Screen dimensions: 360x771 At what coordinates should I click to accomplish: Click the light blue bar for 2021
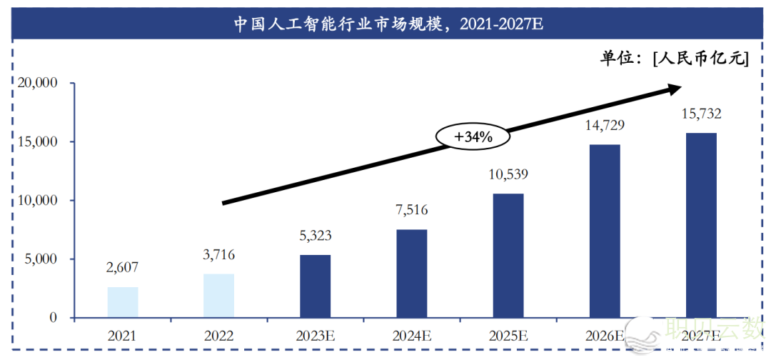point(123,302)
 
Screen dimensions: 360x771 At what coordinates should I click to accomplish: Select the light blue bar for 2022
point(218,296)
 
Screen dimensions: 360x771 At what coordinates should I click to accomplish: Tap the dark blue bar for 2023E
point(315,286)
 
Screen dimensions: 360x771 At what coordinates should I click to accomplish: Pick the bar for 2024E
point(411,274)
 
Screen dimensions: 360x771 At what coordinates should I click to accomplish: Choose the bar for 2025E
point(508,256)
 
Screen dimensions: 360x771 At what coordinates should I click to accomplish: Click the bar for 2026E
point(605,231)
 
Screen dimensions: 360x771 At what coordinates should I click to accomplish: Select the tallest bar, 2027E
point(701,225)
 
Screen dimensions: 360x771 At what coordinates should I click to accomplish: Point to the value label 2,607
point(122,268)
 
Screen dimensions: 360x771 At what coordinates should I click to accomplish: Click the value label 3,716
point(218,255)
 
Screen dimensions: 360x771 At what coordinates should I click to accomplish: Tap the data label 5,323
point(315,236)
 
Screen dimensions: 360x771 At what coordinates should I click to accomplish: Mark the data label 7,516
point(411,210)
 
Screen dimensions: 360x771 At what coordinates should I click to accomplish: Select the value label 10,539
point(508,174)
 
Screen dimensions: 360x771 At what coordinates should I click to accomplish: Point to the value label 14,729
point(605,126)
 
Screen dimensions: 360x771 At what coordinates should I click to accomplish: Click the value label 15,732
point(701,114)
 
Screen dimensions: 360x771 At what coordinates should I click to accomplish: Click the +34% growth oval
point(473,136)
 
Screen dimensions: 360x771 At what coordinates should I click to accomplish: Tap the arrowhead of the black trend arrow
point(673,89)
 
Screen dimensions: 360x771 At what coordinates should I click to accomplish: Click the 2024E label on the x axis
point(411,334)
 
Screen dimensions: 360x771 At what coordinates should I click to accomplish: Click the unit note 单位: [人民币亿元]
point(673,59)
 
